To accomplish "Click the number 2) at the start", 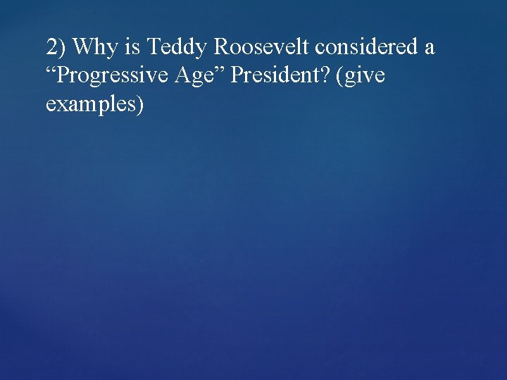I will pyautogui.click(x=56, y=48).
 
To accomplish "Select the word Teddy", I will pyautogui.click(x=177, y=48).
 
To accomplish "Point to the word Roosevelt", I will pyautogui.click(x=262, y=48).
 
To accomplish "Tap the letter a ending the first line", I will pyautogui.click(x=429, y=49).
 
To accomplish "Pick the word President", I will pyautogui.click(x=275, y=75).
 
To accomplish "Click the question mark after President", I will pyautogui.click(x=327, y=75).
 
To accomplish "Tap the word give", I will pyautogui.click(x=364, y=76).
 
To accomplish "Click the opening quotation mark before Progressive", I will pyautogui.click(x=50, y=70).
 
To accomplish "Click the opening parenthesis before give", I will pyautogui.click(x=340, y=76).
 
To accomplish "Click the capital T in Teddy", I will pyautogui.click(x=152, y=48).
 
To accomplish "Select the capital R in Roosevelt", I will pyautogui.click(x=221, y=48).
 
